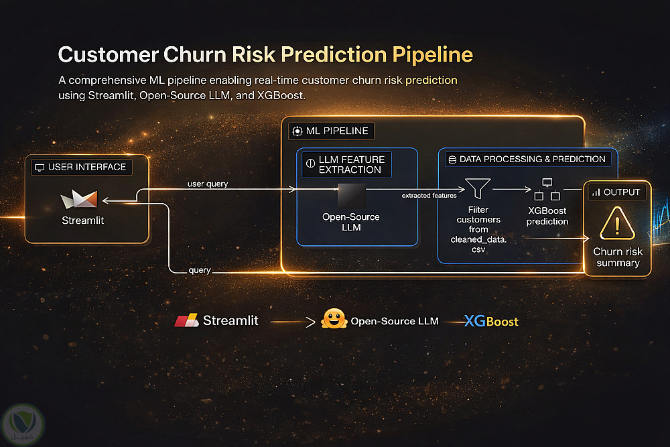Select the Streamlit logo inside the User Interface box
click(79, 199)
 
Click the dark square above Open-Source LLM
click(351, 196)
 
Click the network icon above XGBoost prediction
click(547, 190)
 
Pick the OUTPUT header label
click(616, 192)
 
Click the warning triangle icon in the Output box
click(617, 223)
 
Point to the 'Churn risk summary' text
click(617, 257)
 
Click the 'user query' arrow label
click(208, 184)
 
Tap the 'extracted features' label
click(429, 196)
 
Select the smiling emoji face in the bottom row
click(334, 320)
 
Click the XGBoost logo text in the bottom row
click(492, 322)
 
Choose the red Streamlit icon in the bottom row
click(186, 321)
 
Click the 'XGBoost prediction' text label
click(547, 216)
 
